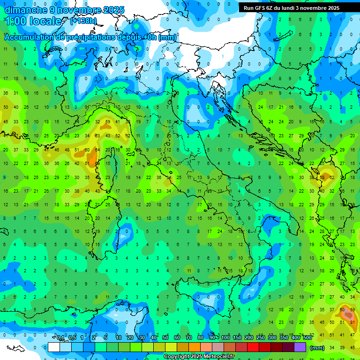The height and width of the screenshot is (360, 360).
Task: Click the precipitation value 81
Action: coord(352,322)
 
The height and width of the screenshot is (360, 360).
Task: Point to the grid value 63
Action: coord(97,136)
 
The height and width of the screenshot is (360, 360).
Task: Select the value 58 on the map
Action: coord(322,178)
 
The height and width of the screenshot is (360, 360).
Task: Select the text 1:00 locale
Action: coord(33,21)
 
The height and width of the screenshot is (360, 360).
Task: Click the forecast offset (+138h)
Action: coord(83,21)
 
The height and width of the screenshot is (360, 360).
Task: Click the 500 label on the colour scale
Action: coord(307,337)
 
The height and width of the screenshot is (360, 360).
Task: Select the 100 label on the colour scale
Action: coord(225,337)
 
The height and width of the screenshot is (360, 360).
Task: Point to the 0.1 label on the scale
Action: coord(61,337)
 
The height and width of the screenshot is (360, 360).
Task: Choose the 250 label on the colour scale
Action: coord(261,337)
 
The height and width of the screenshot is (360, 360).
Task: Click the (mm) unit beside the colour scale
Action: coord(317,348)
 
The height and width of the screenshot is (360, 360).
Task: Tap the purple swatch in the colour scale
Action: coord(300,347)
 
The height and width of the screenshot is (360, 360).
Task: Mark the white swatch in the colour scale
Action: coord(54,347)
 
